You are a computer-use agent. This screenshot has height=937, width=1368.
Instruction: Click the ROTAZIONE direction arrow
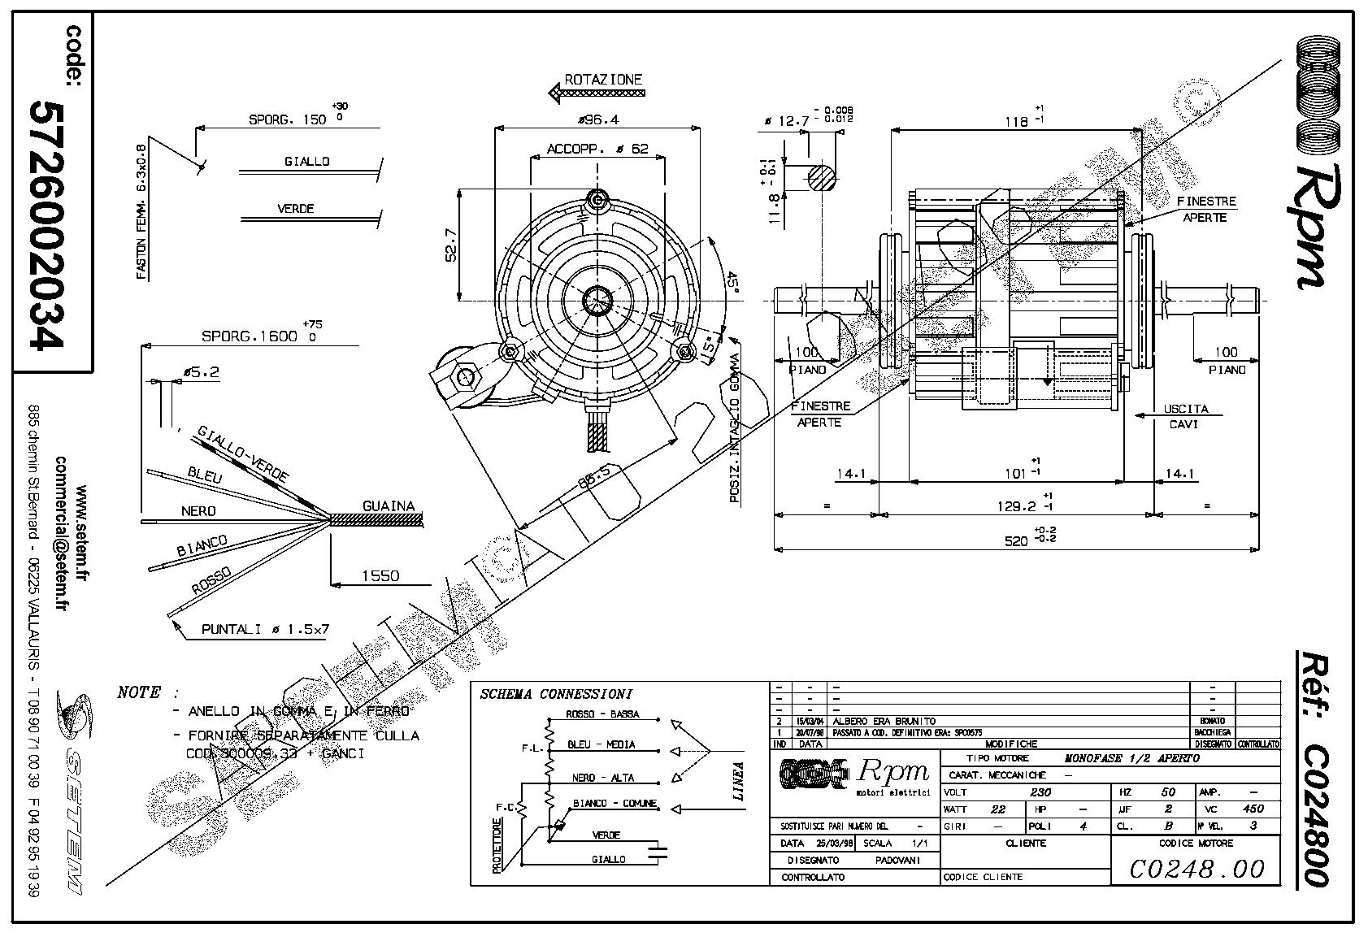pyautogui.click(x=597, y=93)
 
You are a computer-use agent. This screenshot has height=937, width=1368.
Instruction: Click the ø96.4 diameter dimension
pyautogui.click(x=597, y=119)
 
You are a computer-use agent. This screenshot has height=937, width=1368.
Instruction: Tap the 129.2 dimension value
pyautogui.click(x=1017, y=505)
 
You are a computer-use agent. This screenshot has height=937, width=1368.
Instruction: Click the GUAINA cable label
pyautogui.click(x=388, y=505)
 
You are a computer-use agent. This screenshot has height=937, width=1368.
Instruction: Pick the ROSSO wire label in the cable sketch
pyautogui.click(x=211, y=580)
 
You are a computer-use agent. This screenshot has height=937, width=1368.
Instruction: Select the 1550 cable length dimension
pyautogui.click(x=380, y=575)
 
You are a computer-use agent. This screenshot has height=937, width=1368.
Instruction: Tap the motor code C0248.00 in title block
pyautogui.click(x=1196, y=868)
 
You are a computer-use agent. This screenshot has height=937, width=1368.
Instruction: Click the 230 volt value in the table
pyautogui.click(x=1040, y=792)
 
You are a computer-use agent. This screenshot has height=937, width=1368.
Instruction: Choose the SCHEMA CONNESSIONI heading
pyautogui.click(x=556, y=694)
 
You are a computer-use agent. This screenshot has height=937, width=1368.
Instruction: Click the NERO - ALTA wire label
pyautogui.click(x=602, y=778)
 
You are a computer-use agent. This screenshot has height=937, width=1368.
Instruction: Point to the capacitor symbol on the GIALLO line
pyautogui.click(x=657, y=852)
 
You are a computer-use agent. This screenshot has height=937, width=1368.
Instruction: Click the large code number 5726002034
pyautogui.click(x=46, y=225)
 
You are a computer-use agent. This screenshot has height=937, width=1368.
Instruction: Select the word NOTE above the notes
pyautogui.click(x=139, y=692)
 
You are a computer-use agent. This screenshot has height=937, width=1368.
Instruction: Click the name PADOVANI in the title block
pyautogui.click(x=897, y=860)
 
